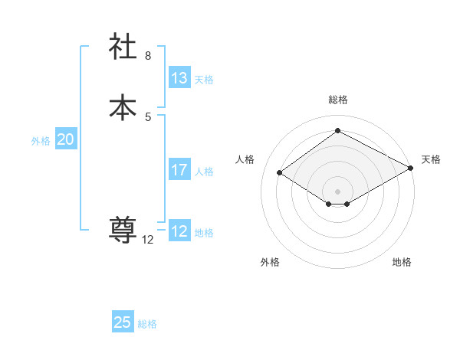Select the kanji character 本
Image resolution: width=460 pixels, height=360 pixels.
(x=123, y=106)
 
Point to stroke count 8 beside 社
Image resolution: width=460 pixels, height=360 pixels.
(x=148, y=56)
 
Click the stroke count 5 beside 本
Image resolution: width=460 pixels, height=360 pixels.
(x=148, y=116)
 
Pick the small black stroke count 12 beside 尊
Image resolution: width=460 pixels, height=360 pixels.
(x=148, y=240)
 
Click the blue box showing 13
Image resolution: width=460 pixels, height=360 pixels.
(x=179, y=78)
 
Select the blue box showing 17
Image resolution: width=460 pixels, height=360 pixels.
(x=179, y=170)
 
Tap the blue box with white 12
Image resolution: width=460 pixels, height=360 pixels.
(x=179, y=231)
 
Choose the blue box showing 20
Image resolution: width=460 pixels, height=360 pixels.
(x=66, y=139)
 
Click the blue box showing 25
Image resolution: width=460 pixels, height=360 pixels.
(x=123, y=322)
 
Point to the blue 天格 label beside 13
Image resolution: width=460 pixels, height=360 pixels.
(x=204, y=80)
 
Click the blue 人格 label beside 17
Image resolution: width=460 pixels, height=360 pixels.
(x=204, y=172)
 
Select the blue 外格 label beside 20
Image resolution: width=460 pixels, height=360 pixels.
(x=41, y=141)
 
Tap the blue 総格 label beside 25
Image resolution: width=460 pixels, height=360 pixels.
(x=147, y=324)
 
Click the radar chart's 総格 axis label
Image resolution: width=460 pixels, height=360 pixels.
(x=338, y=100)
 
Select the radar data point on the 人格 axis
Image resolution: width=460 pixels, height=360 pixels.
(x=280, y=173)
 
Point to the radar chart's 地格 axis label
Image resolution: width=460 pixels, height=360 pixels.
(x=402, y=263)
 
